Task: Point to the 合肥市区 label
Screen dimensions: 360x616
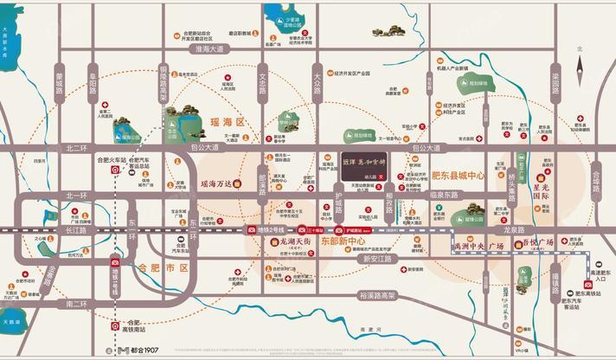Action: pyautogui.click(x=164, y=268)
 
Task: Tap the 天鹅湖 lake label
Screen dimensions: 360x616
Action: pyautogui.click(x=11, y=324)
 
